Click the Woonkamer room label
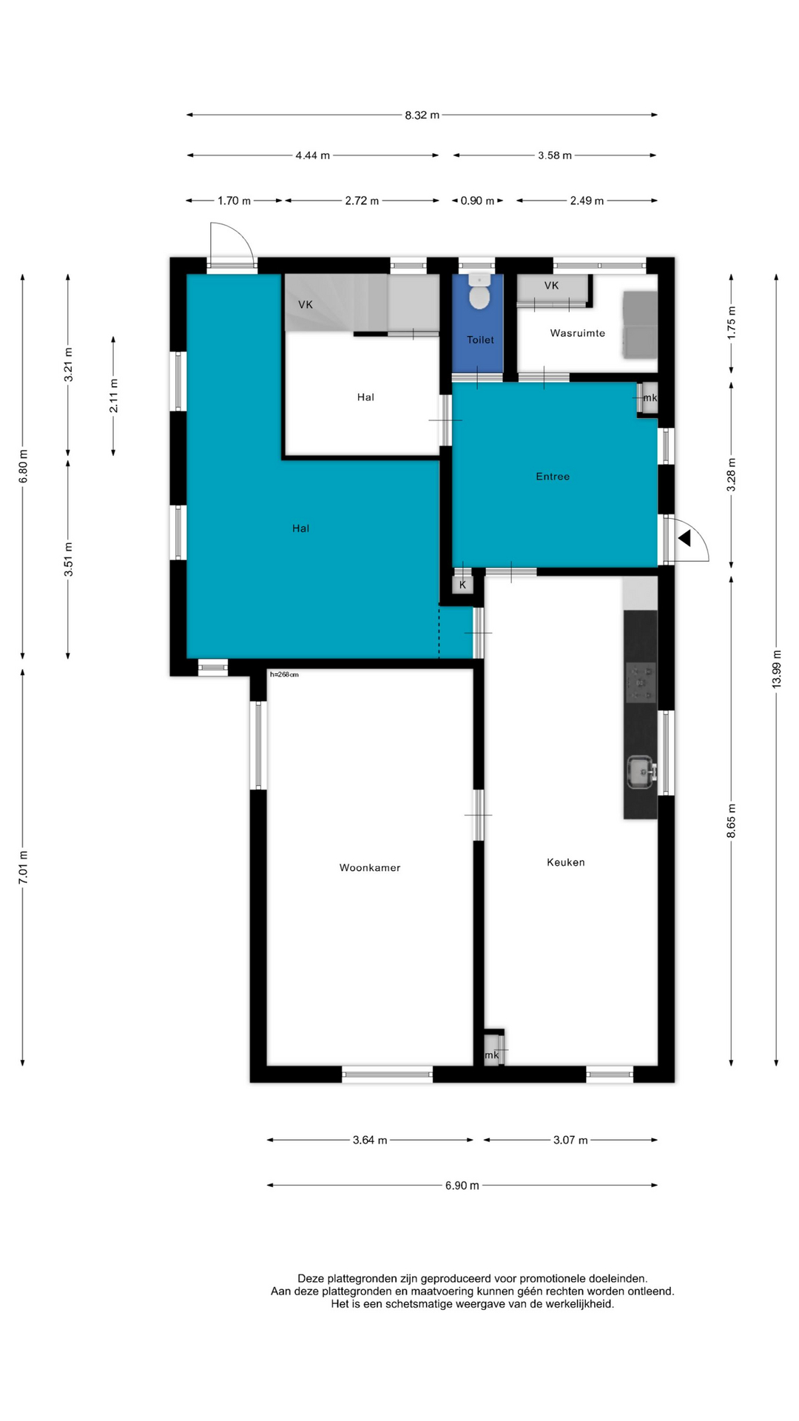(x=370, y=867)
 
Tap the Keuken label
(x=566, y=861)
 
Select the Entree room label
(x=553, y=476)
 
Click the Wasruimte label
(x=578, y=333)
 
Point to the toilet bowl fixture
(x=479, y=292)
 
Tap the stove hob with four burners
(x=641, y=682)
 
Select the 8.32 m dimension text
(x=422, y=115)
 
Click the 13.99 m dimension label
(x=776, y=669)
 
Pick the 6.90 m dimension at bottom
(x=462, y=1185)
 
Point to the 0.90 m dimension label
(x=478, y=201)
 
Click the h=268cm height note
(x=284, y=674)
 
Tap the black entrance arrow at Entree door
(x=684, y=538)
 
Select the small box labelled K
(x=463, y=585)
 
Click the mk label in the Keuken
(x=492, y=1055)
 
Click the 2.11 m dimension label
(x=114, y=396)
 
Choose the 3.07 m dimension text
(x=570, y=1140)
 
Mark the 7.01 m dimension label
(x=23, y=867)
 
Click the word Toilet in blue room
(x=480, y=340)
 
